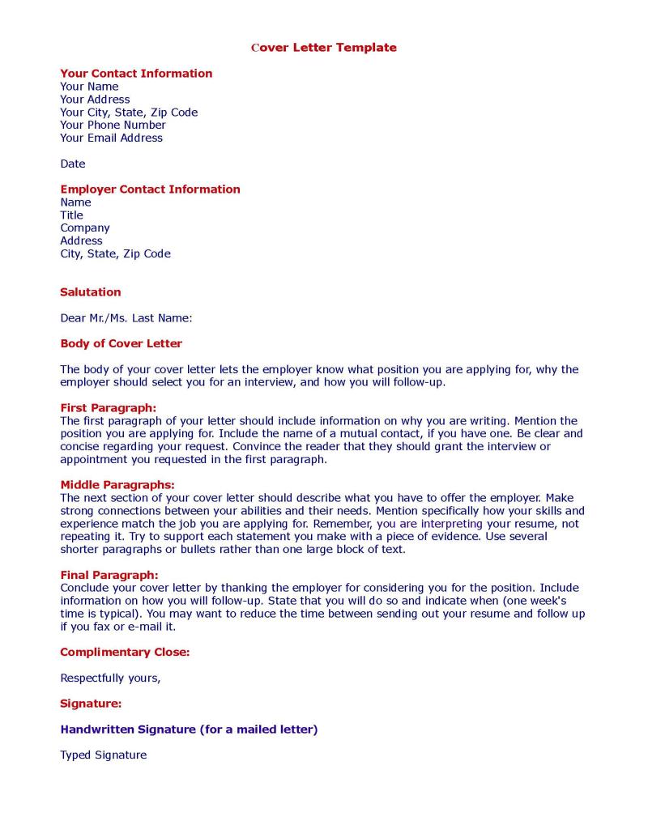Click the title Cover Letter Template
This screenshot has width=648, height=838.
point(324,48)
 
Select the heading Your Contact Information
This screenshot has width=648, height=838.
point(136,74)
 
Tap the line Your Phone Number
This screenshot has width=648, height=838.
point(113,125)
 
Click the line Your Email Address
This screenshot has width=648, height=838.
point(111,138)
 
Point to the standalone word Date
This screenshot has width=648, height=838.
point(72,164)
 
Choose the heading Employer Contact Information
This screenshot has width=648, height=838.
point(150,189)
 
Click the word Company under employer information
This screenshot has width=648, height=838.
point(84,228)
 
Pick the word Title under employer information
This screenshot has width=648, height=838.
point(71,215)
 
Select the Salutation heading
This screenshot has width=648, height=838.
point(90,292)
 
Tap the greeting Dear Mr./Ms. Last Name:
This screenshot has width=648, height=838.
point(126,318)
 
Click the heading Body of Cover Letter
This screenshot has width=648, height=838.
point(121,344)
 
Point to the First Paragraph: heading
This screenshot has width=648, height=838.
point(108,408)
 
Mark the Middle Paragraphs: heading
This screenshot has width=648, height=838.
point(117,485)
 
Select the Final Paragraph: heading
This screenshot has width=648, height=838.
point(109,576)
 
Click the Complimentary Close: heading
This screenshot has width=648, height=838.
point(125,653)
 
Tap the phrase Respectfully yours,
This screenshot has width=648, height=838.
point(110,678)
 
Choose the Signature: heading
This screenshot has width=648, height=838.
point(91,704)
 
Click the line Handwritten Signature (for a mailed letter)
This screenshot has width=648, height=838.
point(189,730)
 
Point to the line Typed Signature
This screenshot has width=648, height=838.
point(103,755)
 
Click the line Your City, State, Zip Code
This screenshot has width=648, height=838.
point(129,113)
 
